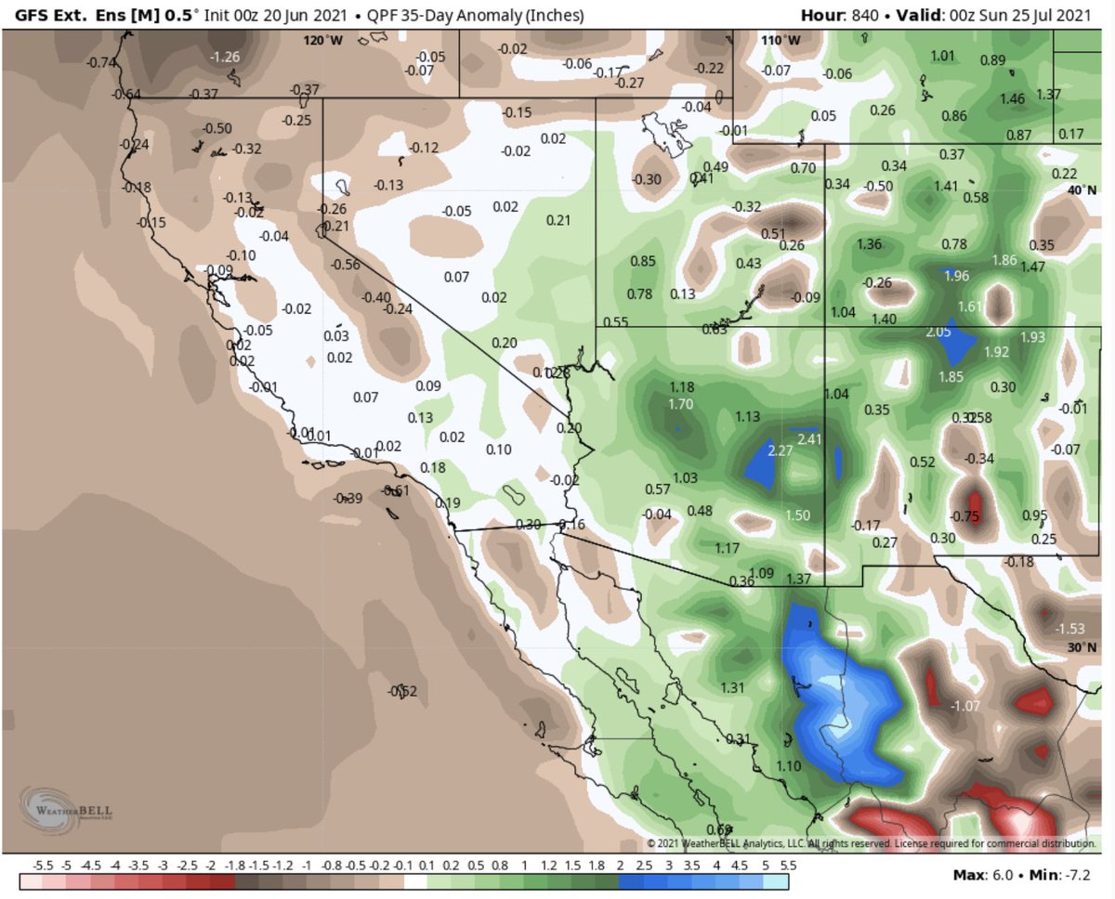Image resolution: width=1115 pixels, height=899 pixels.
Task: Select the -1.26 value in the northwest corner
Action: pyautogui.click(x=226, y=58)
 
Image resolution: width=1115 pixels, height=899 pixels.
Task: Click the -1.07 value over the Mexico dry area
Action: pyautogui.click(x=964, y=707)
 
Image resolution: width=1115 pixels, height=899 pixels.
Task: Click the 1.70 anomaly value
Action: pyautogui.click(x=680, y=404)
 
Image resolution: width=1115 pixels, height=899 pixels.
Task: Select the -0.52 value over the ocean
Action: pyautogui.click(x=403, y=690)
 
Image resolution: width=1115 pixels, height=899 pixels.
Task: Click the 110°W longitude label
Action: pyautogui.click(x=780, y=40)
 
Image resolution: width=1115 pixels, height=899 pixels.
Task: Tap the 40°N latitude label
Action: pyautogui.click(x=1082, y=190)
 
